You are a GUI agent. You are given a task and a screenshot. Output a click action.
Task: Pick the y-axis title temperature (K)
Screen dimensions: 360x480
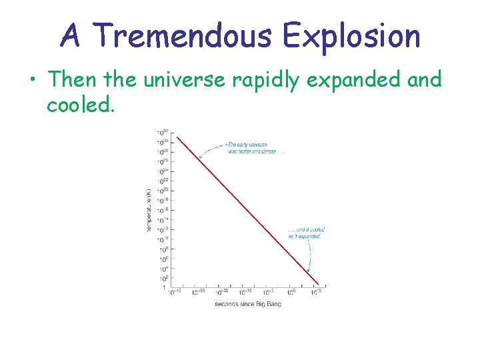149,210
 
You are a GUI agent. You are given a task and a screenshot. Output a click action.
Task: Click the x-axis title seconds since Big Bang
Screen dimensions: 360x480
248,304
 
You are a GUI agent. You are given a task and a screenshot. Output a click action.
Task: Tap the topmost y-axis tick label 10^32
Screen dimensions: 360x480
162,132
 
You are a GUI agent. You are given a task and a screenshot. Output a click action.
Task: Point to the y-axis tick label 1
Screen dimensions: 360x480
165,288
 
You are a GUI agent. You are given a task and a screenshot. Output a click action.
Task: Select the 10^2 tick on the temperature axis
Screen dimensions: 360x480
163,278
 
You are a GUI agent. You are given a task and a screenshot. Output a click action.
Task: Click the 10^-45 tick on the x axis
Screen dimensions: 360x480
175,292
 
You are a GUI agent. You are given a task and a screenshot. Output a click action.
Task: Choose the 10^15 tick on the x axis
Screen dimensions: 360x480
317,292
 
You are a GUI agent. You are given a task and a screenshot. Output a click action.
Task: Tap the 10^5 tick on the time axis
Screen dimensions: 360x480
293,292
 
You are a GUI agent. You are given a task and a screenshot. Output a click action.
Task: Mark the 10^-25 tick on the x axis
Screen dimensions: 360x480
223,292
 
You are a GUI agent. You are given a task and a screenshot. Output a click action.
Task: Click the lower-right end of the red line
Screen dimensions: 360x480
319,285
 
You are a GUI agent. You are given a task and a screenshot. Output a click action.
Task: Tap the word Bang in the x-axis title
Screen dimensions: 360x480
273,304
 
